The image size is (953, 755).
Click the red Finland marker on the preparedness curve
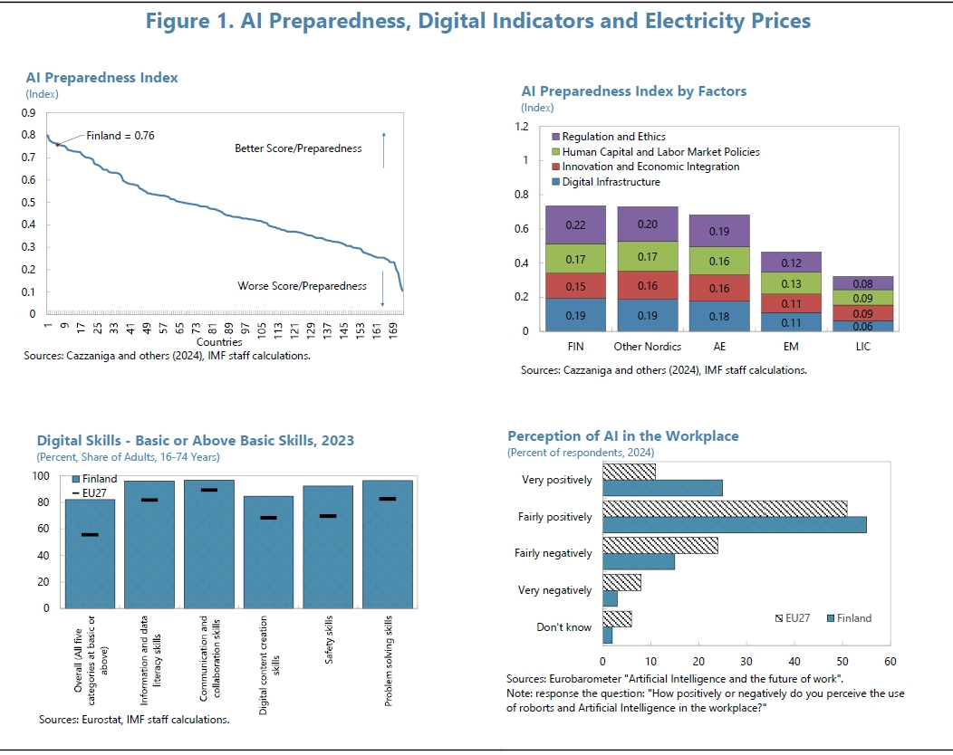pyautogui.click(x=58, y=145)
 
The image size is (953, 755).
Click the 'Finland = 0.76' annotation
pyautogui.click(x=120, y=136)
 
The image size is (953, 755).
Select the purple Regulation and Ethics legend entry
pyautogui.click(x=555, y=137)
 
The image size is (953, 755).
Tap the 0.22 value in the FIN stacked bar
pyautogui.click(x=575, y=225)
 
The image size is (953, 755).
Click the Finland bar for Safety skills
pyautogui.click(x=328, y=547)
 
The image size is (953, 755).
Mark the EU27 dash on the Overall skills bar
pyautogui.click(x=90, y=535)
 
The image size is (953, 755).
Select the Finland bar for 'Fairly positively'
pyautogui.click(x=734, y=524)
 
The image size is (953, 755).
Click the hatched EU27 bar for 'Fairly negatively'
pyautogui.click(x=659, y=545)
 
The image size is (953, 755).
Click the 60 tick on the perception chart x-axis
pyautogui.click(x=890, y=662)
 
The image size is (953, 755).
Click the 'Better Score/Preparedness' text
pyautogui.click(x=298, y=148)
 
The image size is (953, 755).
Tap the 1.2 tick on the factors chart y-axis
pyautogui.click(x=522, y=127)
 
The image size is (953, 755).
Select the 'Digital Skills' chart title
pyautogui.click(x=196, y=441)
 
